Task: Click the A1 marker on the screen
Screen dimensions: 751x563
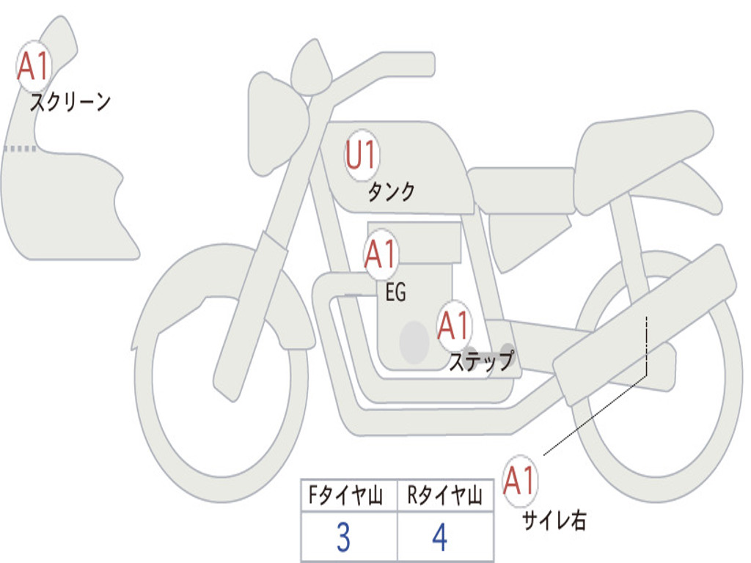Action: (34, 66)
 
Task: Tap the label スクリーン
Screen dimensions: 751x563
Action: (70, 102)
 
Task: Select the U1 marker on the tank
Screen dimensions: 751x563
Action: (362, 155)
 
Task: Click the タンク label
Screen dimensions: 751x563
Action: (391, 192)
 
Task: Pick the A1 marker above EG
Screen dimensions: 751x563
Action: (381, 254)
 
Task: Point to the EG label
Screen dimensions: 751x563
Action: (395, 292)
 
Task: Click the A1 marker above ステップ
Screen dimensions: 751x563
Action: (454, 326)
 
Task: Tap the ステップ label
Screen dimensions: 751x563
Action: (481, 361)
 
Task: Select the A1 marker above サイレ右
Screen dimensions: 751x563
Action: (520, 480)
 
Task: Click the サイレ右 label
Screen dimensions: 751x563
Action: (554, 520)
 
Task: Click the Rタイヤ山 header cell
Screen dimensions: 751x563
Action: (445, 495)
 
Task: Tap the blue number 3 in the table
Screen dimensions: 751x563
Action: (343, 537)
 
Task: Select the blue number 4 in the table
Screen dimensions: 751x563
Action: (440, 537)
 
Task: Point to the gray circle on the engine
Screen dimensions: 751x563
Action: (414, 342)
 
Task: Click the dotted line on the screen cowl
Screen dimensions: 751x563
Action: (20, 149)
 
